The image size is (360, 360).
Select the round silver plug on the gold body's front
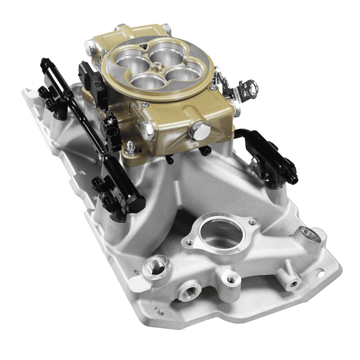click(200, 130)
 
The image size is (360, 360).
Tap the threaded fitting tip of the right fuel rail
click(292, 179)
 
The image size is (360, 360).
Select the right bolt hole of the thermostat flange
click(252, 222)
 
